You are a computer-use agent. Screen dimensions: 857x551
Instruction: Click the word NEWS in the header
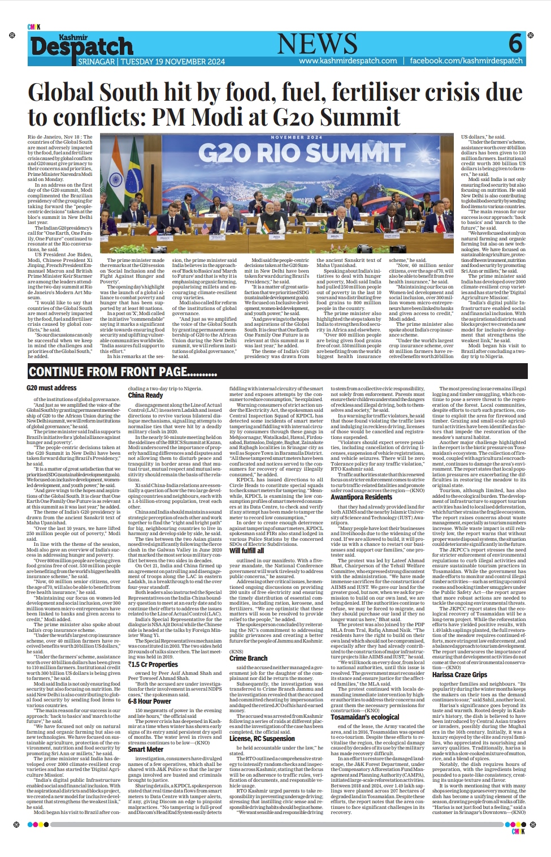[x=317, y=44]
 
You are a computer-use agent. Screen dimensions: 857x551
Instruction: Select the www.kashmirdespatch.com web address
[x=348, y=61]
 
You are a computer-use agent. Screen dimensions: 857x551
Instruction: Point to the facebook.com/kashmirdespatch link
[x=466, y=61]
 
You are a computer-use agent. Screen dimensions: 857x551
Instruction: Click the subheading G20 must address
[x=51, y=388]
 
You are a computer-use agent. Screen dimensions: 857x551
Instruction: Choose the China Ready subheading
[x=145, y=395]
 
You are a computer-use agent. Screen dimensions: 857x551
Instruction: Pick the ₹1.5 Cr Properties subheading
[x=153, y=664]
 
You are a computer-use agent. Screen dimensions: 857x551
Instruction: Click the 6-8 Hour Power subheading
[x=149, y=701]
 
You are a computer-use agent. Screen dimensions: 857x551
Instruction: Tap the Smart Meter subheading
[x=145, y=750]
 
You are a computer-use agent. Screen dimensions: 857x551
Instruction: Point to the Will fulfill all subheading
[x=246, y=550]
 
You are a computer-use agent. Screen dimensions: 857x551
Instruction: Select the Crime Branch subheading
[x=248, y=658]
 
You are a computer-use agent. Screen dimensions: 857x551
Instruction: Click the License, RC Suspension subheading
[x=262, y=739]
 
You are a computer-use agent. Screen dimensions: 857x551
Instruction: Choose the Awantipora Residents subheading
[x=361, y=497]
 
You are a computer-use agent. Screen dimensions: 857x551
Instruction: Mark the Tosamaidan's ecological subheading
[x=365, y=717]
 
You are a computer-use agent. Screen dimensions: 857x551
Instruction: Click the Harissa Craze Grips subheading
[x=459, y=675]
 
